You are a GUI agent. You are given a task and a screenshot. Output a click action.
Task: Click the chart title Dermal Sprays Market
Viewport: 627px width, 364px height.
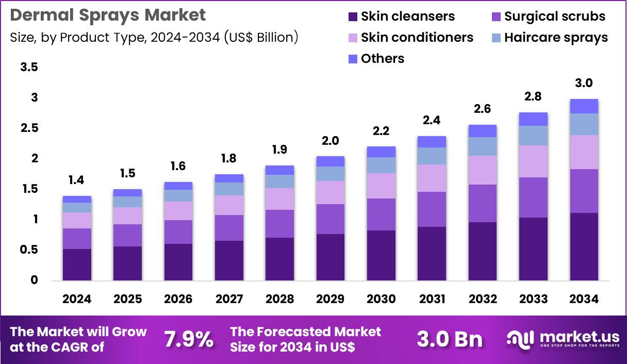point(108,15)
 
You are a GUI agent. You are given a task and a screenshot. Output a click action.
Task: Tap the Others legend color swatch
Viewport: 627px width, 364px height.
point(353,59)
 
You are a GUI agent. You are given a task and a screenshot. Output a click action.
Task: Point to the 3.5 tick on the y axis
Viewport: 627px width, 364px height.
point(29,68)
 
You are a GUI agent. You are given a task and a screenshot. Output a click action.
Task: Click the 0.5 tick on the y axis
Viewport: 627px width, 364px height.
point(29,250)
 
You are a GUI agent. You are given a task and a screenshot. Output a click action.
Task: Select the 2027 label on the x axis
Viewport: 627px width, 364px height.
point(229,300)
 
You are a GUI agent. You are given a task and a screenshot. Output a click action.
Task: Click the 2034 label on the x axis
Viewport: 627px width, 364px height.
point(584,300)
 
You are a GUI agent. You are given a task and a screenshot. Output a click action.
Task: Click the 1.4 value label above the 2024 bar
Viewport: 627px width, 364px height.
point(77,180)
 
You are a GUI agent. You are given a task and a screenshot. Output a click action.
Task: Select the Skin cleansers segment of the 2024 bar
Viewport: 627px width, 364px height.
point(77,264)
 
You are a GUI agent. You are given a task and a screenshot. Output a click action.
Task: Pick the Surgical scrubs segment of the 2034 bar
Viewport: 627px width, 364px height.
point(584,191)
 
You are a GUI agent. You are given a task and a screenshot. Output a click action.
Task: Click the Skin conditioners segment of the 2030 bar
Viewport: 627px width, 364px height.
point(381,186)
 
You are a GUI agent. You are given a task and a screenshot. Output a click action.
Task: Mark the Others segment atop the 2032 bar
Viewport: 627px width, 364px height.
point(482,130)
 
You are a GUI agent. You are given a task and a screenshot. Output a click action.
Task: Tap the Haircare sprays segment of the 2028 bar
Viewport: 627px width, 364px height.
point(279,181)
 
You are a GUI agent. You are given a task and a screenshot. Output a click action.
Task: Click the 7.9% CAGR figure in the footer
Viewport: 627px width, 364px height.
point(188,339)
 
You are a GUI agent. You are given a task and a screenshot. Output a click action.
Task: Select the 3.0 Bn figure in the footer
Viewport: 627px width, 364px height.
point(450,339)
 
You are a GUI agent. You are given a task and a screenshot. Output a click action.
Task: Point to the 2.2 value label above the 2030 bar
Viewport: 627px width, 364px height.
point(381,131)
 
